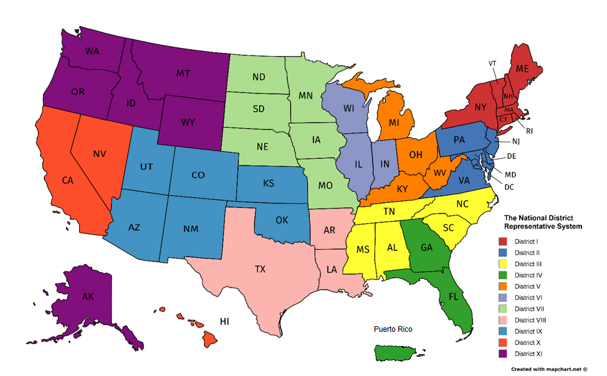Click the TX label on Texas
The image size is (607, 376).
tap(260, 269)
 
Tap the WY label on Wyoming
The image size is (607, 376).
tap(189, 122)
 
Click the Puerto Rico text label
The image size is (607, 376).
tap(393, 329)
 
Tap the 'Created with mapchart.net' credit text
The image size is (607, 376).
tap(550, 369)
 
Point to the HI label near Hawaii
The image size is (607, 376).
tap(225, 321)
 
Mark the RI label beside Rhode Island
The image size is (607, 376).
tap(529, 131)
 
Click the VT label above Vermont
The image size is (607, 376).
tap(492, 63)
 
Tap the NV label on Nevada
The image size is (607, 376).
tap(100, 153)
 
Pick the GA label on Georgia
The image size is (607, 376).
tap(426, 247)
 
